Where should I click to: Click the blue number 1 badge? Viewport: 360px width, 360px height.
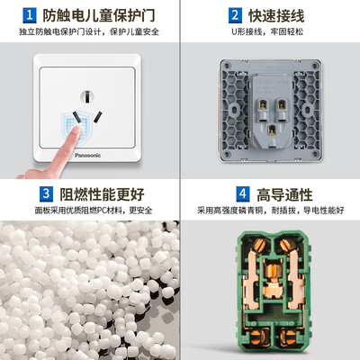tap(30, 15)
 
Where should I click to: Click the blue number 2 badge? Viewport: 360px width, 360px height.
tap(235, 15)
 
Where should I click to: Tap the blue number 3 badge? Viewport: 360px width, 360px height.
tap(46, 194)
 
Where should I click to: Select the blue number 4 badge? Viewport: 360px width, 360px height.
tap(243, 194)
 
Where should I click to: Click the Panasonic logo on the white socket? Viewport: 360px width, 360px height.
tap(87, 155)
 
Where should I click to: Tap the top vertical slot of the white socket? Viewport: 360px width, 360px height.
tap(87, 96)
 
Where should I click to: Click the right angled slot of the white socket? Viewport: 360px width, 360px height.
tap(98, 117)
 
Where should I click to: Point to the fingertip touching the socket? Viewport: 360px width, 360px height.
tap(75, 130)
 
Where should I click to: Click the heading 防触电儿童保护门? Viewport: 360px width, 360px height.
tap(99, 15)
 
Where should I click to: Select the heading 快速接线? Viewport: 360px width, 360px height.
tap(276, 15)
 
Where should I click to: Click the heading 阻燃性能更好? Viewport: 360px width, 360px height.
tap(102, 194)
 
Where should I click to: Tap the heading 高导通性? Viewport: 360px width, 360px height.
tap(284, 194)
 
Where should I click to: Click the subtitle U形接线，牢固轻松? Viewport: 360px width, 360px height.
tap(267, 31)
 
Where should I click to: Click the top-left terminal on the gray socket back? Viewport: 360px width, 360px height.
tap(263, 104)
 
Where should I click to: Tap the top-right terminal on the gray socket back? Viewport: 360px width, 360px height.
tap(282, 104)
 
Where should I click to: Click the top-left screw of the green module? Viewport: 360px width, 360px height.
tap(258, 246)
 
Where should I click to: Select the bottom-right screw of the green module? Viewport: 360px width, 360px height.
tap(288, 338)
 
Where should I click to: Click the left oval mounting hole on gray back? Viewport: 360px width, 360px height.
tap(234, 110)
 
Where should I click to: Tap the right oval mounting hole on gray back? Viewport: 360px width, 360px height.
tap(308, 110)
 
